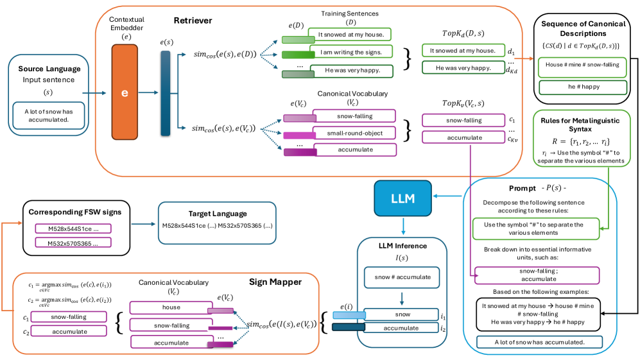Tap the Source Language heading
pos(49,68)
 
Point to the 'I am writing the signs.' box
pos(350,52)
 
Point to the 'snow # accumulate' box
pos(402,277)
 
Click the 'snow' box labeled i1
pos(402,315)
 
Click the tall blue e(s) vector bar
pos(165,94)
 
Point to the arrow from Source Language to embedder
pos(93,94)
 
